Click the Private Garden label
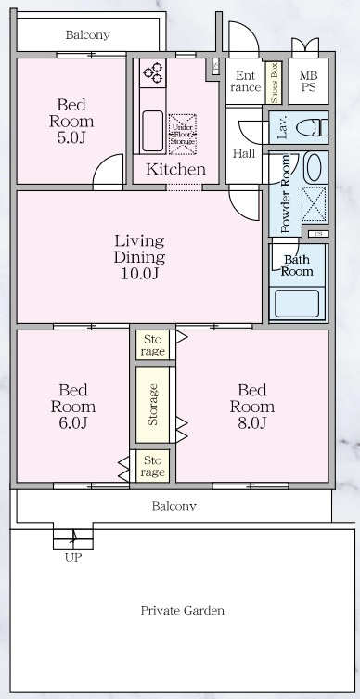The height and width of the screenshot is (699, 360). tap(182, 610)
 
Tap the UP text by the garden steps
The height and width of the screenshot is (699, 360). tap(72, 559)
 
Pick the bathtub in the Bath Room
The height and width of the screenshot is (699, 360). tap(296, 302)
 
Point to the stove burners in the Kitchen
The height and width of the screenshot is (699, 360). tap(152, 71)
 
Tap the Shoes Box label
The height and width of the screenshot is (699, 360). tap(275, 82)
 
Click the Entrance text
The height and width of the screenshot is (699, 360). tap(245, 82)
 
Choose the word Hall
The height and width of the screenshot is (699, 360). tap(243, 153)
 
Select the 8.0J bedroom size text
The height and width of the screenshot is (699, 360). tap(254, 423)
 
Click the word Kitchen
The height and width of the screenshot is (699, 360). tap(175, 169)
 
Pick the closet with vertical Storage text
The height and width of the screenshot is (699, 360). tap(154, 405)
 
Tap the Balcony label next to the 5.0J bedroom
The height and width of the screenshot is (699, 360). tap(87, 35)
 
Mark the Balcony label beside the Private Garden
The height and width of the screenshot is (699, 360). tap(174, 506)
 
